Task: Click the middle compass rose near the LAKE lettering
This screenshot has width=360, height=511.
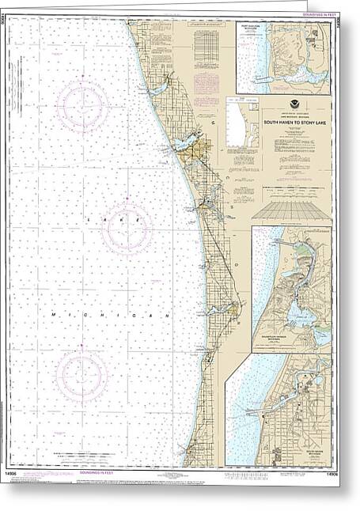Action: point(127,227)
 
